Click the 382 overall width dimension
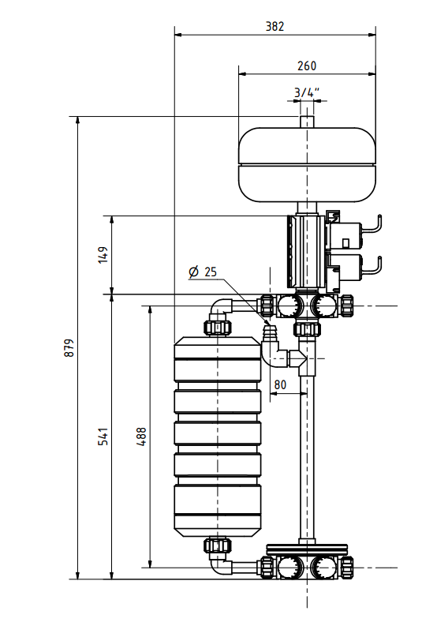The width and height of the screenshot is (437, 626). [x=274, y=26]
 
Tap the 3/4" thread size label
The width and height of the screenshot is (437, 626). [x=306, y=92]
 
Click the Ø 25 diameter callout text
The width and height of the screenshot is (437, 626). [x=203, y=272]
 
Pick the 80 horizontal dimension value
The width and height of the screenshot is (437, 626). [x=279, y=384]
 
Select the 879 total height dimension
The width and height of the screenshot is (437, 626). [x=69, y=348]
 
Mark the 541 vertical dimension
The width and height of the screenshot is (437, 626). [x=103, y=437]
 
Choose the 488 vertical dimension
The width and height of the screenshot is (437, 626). [x=141, y=437]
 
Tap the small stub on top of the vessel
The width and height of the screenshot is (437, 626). [x=307, y=122]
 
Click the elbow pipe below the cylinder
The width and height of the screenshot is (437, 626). [x=221, y=564]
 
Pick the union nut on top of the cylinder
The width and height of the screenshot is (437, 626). [x=217, y=326]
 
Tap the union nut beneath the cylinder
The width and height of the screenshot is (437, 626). [x=217, y=545]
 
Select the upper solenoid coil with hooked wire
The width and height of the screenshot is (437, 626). [x=351, y=232]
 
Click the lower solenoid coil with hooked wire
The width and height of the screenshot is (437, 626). [x=351, y=265]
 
